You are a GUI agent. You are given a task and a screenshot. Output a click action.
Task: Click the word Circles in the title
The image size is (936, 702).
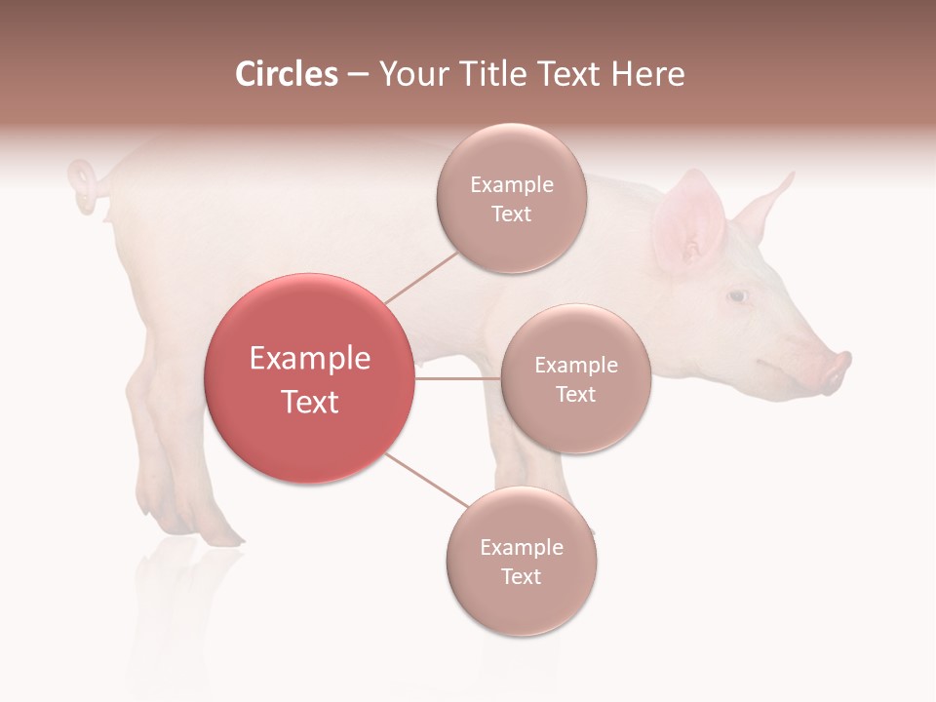click(286, 74)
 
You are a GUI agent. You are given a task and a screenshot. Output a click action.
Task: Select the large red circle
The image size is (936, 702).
click(309, 378)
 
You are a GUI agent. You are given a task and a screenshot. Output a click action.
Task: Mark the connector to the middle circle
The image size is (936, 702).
click(457, 378)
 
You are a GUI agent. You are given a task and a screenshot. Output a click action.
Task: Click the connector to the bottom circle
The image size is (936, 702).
click(427, 480)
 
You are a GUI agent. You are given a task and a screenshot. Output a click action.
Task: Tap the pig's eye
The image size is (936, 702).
click(738, 295)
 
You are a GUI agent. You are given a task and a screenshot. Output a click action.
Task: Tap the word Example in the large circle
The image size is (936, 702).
click(309, 359)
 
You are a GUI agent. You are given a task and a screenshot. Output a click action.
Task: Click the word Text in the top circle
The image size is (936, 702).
click(511, 214)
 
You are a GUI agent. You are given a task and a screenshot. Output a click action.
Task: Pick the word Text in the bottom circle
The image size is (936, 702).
click(521, 576)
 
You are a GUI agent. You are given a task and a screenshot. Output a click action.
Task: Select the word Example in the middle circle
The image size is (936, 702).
click(575, 366)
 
